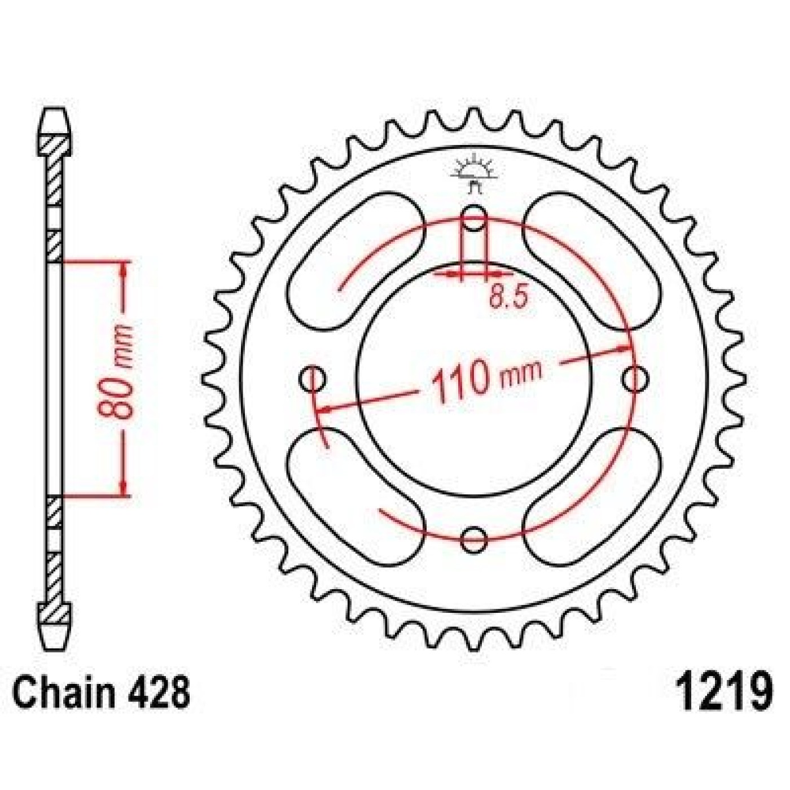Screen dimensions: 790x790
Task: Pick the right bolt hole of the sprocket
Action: pos(635,378)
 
